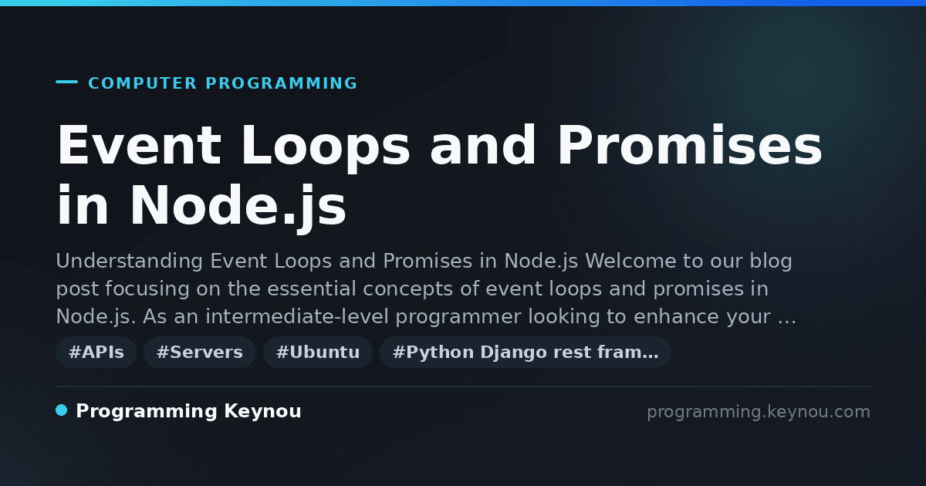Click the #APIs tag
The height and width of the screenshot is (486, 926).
pyautogui.click(x=96, y=352)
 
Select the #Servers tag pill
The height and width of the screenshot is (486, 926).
pyautogui.click(x=200, y=352)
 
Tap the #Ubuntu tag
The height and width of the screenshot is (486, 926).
pyautogui.click(x=318, y=352)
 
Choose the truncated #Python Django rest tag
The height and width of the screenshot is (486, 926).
pyautogui.click(x=525, y=352)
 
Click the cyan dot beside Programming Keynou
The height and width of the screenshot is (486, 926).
pyautogui.click(x=62, y=410)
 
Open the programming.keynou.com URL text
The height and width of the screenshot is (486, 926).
pyautogui.click(x=759, y=412)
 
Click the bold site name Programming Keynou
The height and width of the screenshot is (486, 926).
pyautogui.click(x=188, y=411)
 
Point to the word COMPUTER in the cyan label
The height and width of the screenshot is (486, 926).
pyautogui.click(x=142, y=83)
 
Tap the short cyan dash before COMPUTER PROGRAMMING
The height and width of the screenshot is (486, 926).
pyautogui.click(x=66, y=82)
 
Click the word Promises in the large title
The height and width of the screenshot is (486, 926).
pyautogui.click(x=690, y=145)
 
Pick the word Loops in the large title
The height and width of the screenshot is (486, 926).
pyautogui.click(x=326, y=147)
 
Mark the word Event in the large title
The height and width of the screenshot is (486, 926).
pyautogui.click(x=140, y=145)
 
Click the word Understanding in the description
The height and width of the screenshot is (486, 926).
pyautogui.click(x=130, y=262)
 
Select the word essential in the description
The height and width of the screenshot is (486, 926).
pyautogui.click(x=311, y=289)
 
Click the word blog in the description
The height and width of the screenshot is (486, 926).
pyautogui.click(x=771, y=262)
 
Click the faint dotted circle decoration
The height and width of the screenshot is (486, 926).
pyautogui.click(x=798, y=77)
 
